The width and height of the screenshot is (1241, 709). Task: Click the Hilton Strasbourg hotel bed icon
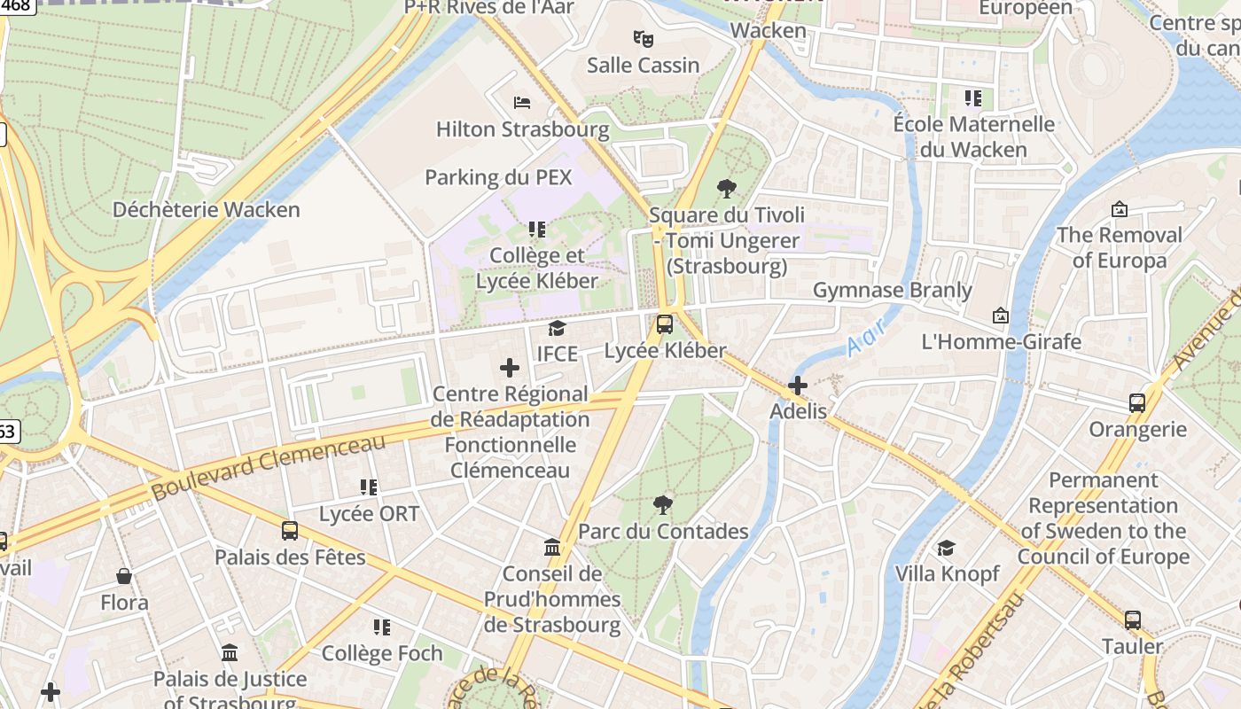522,103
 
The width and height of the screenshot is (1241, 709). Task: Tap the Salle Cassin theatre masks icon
644,39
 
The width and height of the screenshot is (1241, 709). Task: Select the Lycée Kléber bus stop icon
665,324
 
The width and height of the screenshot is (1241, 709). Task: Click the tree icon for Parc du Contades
662,505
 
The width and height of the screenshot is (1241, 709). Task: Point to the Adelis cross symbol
798,386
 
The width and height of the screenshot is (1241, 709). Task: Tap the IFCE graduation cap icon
557,329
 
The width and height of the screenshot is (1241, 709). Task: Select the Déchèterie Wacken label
207,210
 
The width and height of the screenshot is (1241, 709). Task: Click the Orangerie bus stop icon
1137,403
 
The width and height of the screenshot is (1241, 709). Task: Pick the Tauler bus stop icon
1133,620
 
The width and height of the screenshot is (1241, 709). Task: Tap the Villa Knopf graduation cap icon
947,549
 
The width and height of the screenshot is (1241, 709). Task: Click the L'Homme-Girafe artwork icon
1001,316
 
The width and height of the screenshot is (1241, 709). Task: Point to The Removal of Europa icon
1120,209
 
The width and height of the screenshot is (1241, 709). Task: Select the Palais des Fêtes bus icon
290,531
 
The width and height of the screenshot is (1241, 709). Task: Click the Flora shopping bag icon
124,577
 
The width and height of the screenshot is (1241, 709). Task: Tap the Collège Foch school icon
382,627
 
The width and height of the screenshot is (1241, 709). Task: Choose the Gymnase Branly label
893,290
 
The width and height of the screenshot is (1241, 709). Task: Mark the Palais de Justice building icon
230,653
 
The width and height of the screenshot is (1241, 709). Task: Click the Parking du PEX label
498,177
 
